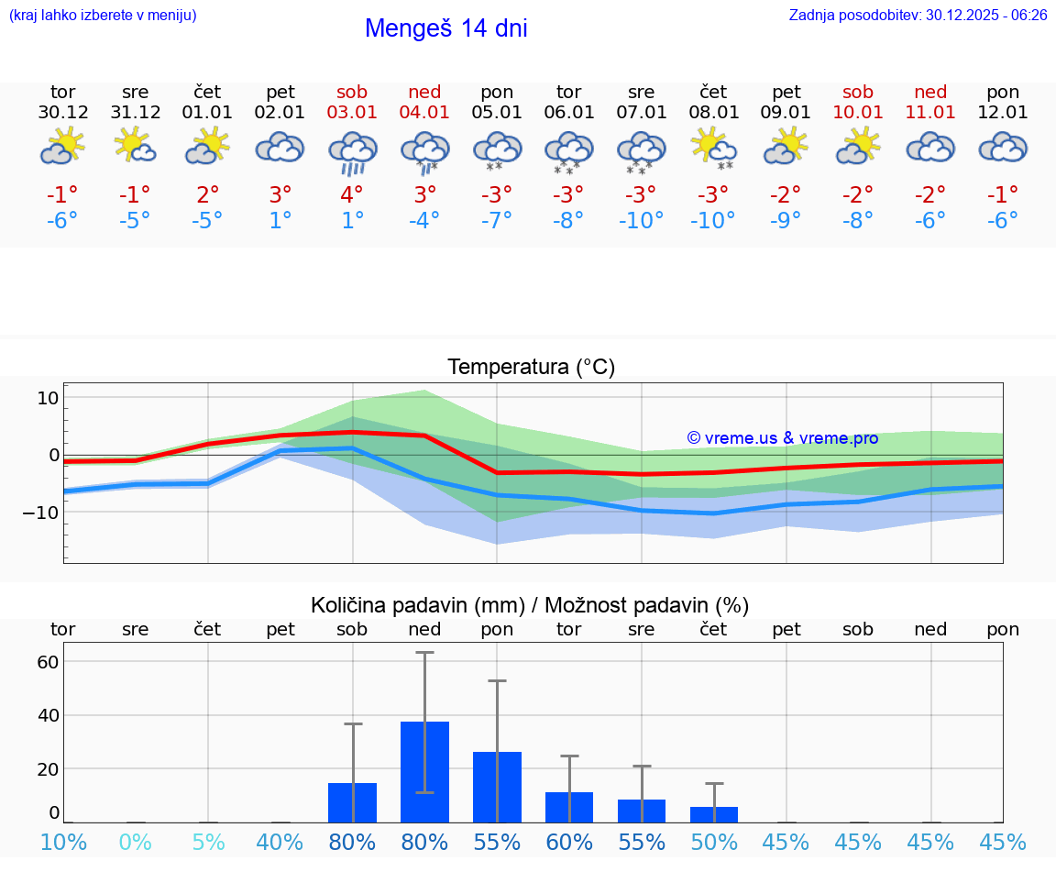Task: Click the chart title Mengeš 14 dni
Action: [x=445, y=28]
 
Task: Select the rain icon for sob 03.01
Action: [x=352, y=152]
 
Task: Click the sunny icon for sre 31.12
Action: [x=135, y=145]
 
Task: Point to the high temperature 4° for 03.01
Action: [x=352, y=194]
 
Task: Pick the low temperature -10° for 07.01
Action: [x=641, y=221]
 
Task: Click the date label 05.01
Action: [x=497, y=113]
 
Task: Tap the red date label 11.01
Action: [x=930, y=113]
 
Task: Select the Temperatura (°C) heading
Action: [x=531, y=368]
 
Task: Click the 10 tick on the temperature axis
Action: [x=48, y=398]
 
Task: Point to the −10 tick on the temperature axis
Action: [x=41, y=512]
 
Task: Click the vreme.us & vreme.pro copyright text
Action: [x=782, y=438]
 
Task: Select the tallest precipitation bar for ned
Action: [x=424, y=772]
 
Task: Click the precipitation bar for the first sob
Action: [x=352, y=802]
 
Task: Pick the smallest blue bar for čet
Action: [x=714, y=814]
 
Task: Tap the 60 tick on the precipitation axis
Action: [x=48, y=662]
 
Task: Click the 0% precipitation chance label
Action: [x=135, y=842]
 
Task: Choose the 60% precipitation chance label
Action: [x=568, y=842]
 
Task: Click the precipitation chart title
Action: [x=530, y=605]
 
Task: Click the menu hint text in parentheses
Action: [x=103, y=15]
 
